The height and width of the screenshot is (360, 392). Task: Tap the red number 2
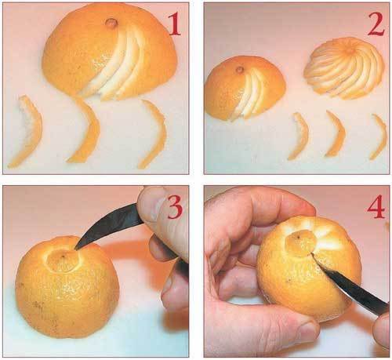376,24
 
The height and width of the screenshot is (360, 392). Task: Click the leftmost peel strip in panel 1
27,131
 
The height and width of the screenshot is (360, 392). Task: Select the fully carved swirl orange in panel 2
344,68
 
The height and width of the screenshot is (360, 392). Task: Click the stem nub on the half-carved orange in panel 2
240,70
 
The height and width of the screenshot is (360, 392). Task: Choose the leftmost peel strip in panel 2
299,136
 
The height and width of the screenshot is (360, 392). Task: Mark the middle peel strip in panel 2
337,134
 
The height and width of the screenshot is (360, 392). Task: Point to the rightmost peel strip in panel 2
379,136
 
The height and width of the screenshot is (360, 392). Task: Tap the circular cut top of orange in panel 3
63,260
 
